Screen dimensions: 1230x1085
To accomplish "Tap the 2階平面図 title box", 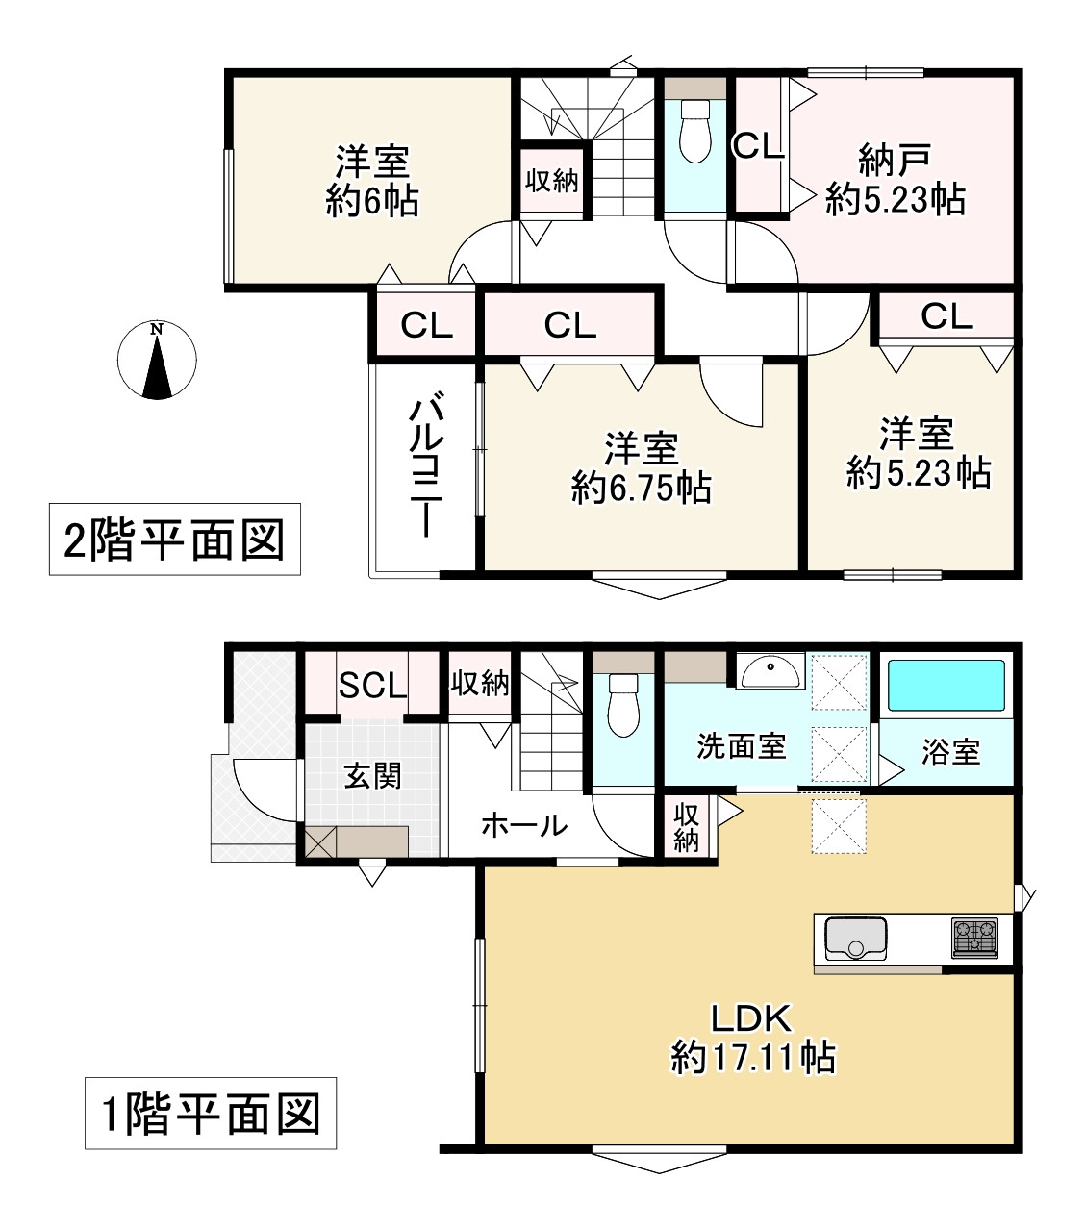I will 174,540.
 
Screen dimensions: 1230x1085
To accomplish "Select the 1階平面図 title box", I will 211,1114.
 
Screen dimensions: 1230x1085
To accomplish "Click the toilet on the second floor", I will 694,133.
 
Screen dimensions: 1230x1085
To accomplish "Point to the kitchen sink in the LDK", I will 852,938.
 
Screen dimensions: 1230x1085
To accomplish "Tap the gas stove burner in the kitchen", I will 974,938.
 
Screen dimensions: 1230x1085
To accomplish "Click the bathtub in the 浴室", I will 945,685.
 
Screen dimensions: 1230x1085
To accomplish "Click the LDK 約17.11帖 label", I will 752,1039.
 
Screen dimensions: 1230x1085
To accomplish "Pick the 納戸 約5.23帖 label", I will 895,180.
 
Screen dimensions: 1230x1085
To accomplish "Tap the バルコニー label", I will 424,468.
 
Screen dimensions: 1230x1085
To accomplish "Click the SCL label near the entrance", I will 372,686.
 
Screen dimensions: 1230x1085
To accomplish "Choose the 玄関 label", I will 372,775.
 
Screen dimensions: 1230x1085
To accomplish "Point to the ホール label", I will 523,825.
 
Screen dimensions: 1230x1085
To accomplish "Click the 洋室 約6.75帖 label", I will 642,468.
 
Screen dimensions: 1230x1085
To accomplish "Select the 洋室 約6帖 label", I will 372,181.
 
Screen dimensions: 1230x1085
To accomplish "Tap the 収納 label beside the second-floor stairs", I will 552,180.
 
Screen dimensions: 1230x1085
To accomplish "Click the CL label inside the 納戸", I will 758,146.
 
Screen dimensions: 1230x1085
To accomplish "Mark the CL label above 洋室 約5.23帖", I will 946,316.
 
